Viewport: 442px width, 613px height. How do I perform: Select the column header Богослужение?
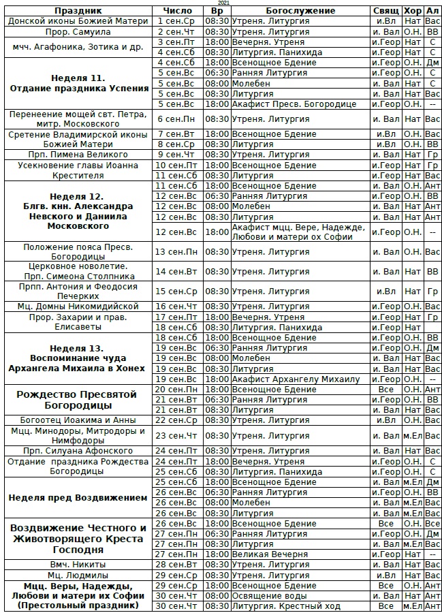pyautogui.click(x=300, y=11)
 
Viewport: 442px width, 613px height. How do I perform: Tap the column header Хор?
pyautogui.click(x=412, y=11)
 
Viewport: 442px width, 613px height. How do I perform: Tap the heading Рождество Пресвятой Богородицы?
pyautogui.click(x=77, y=399)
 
